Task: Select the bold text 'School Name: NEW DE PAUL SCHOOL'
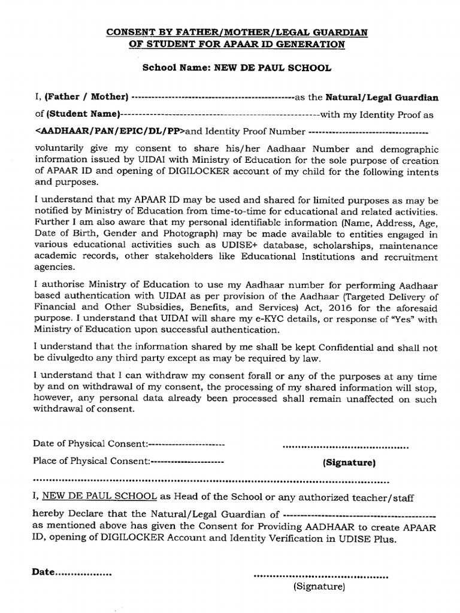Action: click(x=236, y=68)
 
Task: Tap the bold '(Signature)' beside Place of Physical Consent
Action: click(x=349, y=463)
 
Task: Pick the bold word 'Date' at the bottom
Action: click(x=43, y=572)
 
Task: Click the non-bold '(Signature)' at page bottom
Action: click(x=319, y=587)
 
